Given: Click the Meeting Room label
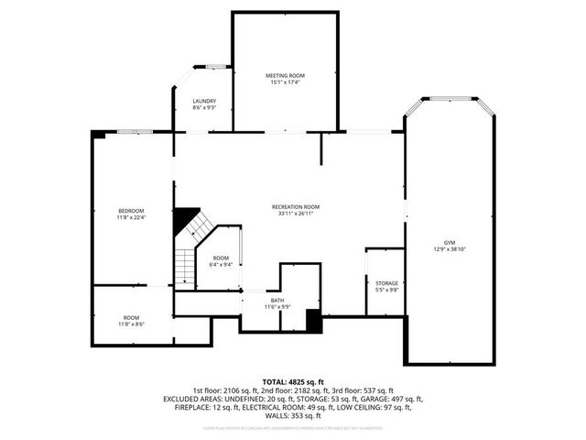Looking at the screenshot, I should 285,75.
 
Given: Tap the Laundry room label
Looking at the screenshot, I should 204,101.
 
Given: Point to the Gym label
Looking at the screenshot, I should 450,243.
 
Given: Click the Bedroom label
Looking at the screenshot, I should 131,211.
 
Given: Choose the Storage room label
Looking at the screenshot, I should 386,283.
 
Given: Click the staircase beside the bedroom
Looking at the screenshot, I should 187,260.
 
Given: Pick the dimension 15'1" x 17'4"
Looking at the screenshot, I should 285,82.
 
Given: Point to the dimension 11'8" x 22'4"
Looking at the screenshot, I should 131,218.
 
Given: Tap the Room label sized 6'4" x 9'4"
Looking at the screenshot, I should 221,258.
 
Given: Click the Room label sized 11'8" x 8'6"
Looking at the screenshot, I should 131,317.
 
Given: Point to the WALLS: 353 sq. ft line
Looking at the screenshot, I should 293,415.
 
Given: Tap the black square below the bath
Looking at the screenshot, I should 313,322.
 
